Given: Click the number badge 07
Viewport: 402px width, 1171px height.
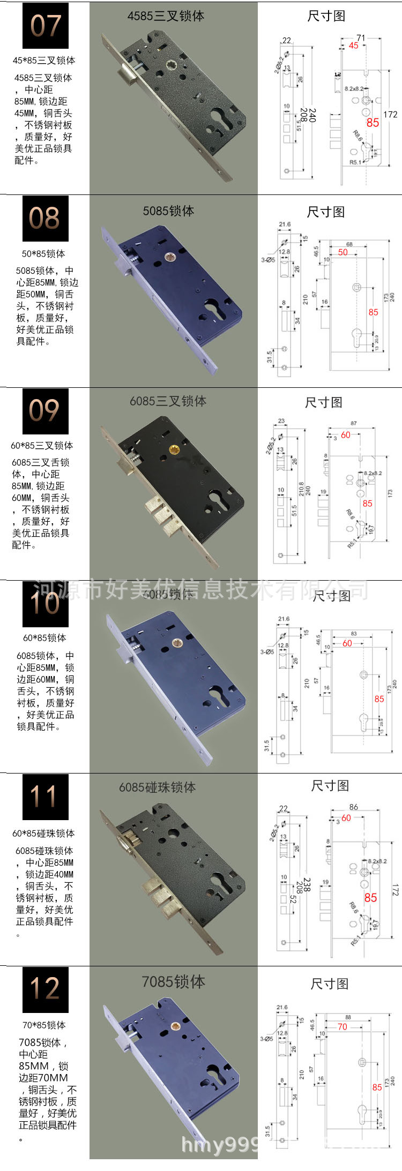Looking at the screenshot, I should pos(46,26).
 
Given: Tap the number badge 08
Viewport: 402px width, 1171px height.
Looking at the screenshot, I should pos(46,219).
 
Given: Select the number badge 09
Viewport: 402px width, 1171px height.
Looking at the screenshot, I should pos(46,411).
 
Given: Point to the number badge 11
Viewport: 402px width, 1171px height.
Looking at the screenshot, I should pos(46,796).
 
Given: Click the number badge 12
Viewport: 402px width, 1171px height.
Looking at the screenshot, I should pos(46,989).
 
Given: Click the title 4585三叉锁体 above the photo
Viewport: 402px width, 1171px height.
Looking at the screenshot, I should pos(166,16).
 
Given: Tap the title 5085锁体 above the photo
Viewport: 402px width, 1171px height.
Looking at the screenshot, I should pos(168,211).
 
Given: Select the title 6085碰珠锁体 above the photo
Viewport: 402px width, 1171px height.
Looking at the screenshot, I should pos(157,787).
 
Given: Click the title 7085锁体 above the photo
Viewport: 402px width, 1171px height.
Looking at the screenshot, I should pos(173,981).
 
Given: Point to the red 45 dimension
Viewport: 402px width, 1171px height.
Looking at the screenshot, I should pos(353,46).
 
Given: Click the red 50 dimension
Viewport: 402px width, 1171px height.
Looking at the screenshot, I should pos(343,252).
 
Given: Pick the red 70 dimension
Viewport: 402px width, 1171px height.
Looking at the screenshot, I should pos(343,1026).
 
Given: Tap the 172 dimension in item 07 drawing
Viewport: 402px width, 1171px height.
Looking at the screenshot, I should pos(390,114).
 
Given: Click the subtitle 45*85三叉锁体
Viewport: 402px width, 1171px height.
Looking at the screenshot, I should pos(44,61).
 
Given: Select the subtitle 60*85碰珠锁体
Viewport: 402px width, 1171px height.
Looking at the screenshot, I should pos(43,833).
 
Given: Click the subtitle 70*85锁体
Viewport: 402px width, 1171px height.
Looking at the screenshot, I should pos(44,1025).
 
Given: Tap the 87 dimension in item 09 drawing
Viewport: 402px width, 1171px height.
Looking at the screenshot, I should pos(353,423).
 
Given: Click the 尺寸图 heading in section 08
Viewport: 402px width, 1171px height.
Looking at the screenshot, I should pos(325,212).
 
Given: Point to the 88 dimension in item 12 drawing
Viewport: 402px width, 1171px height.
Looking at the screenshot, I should pos(348,1017).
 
